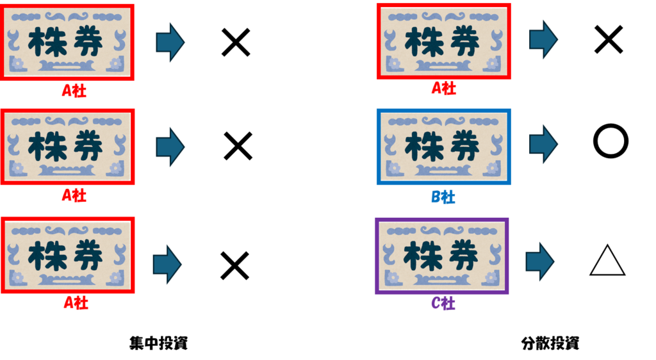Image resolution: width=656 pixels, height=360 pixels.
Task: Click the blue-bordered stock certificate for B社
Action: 443,147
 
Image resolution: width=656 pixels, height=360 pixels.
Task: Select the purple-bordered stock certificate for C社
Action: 442,256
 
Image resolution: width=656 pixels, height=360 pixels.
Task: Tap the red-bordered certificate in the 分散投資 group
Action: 443,42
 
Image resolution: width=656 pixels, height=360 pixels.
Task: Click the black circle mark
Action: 611,141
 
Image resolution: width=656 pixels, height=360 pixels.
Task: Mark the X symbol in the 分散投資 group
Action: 609,40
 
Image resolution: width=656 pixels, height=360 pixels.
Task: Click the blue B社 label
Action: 443,197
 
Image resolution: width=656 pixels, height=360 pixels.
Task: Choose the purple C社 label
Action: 443,303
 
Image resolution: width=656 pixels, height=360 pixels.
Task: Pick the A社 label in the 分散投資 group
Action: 444,88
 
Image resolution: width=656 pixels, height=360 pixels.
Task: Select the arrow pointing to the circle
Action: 543,144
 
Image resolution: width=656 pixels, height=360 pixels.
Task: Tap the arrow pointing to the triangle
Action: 540,261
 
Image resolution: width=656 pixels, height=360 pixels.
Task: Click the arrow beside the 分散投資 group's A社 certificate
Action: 543,39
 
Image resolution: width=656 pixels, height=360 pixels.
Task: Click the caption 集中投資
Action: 159,343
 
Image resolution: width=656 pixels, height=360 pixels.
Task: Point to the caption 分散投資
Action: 550,343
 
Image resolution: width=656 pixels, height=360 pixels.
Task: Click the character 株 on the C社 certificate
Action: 420,255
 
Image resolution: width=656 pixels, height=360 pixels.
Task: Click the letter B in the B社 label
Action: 436,197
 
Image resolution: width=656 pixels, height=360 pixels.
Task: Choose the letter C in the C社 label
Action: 436,303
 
